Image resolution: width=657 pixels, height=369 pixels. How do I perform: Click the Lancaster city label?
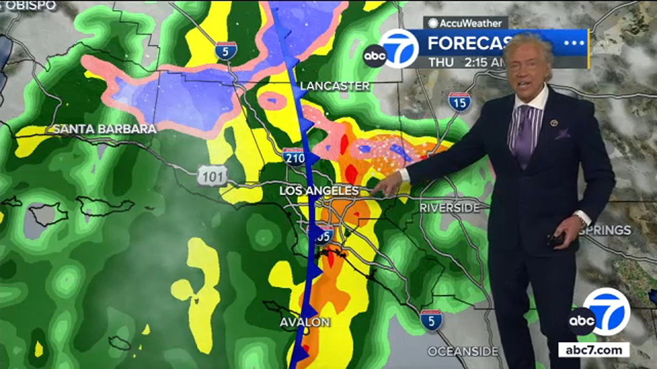[335, 86]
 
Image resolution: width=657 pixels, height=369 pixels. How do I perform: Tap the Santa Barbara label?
[104, 129]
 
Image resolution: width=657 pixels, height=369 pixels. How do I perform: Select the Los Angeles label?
[319, 191]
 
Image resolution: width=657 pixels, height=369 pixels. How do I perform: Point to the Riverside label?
[450, 208]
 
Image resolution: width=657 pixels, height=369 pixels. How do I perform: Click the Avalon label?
[305, 322]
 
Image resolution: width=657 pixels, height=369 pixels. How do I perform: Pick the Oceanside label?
[463, 352]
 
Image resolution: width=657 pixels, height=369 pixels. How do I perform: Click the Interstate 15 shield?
[459, 102]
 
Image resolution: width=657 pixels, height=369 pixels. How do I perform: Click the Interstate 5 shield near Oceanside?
[431, 320]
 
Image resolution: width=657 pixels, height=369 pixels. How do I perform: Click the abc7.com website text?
[594, 350]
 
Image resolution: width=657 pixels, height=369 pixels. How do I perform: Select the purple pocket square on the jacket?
[562, 134]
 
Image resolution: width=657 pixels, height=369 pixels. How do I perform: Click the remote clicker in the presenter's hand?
[556, 239]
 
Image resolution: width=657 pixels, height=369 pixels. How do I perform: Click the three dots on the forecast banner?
[574, 43]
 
